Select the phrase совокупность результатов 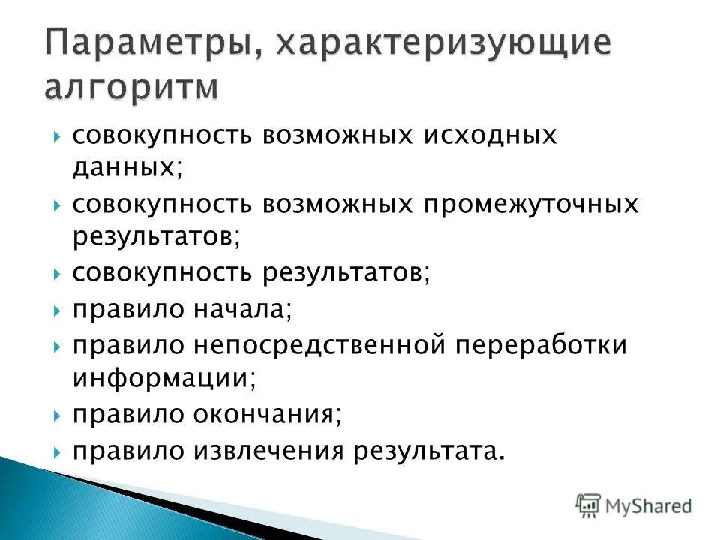pos(250,273)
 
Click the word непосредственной pos(322,345)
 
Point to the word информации pos(163,378)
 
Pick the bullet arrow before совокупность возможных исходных pos(58,137)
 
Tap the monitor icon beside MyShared pos(589,504)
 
